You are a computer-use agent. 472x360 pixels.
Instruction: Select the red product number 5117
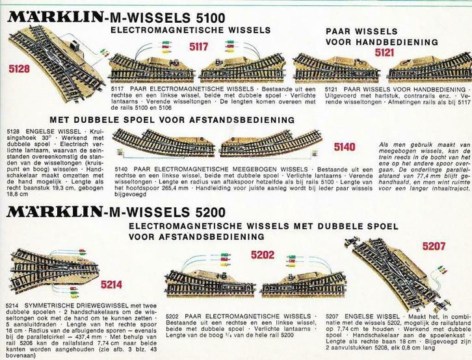pos(198,46)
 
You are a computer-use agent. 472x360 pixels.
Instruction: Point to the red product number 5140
pos(345,146)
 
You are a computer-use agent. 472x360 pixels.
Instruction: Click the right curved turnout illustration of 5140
pos(270,144)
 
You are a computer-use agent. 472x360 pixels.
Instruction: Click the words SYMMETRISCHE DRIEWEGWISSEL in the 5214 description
pos(73,305)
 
